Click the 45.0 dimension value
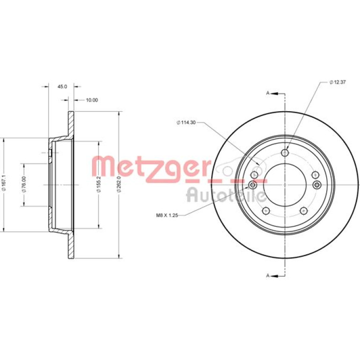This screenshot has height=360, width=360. [62, 86]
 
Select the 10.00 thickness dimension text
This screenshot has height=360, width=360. [92, 100]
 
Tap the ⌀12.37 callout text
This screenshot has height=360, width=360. [338, 82]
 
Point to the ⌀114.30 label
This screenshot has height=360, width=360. [186, 122]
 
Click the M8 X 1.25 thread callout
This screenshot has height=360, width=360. [167, 216]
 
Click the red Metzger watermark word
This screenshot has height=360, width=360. [151, 169]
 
